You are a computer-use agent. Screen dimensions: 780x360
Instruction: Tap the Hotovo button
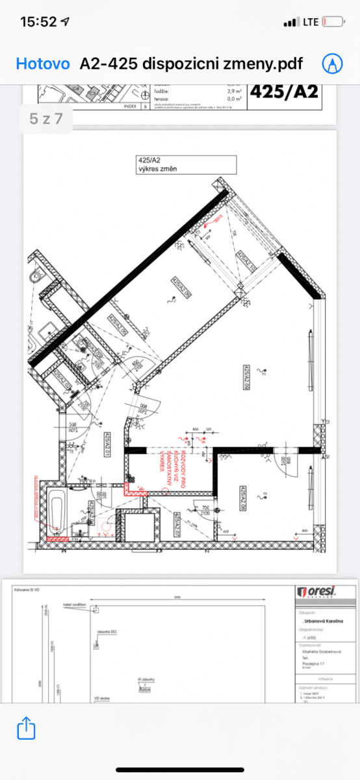42,64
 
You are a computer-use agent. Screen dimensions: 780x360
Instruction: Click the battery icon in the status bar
333,22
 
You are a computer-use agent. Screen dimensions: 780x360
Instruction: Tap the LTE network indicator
311,22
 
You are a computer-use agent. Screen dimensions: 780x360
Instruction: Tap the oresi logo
316,591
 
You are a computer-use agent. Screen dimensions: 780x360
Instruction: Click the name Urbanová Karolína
320,621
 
